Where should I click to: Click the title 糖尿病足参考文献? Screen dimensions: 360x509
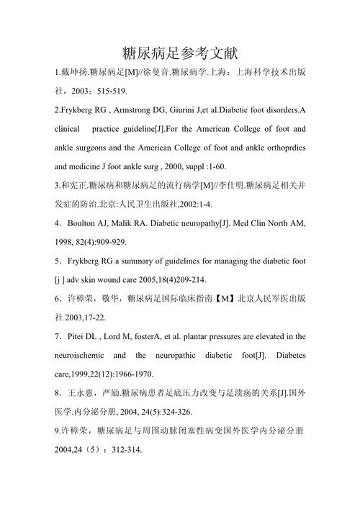click(180, 53)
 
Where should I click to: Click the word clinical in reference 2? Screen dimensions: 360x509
click(71, 130)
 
